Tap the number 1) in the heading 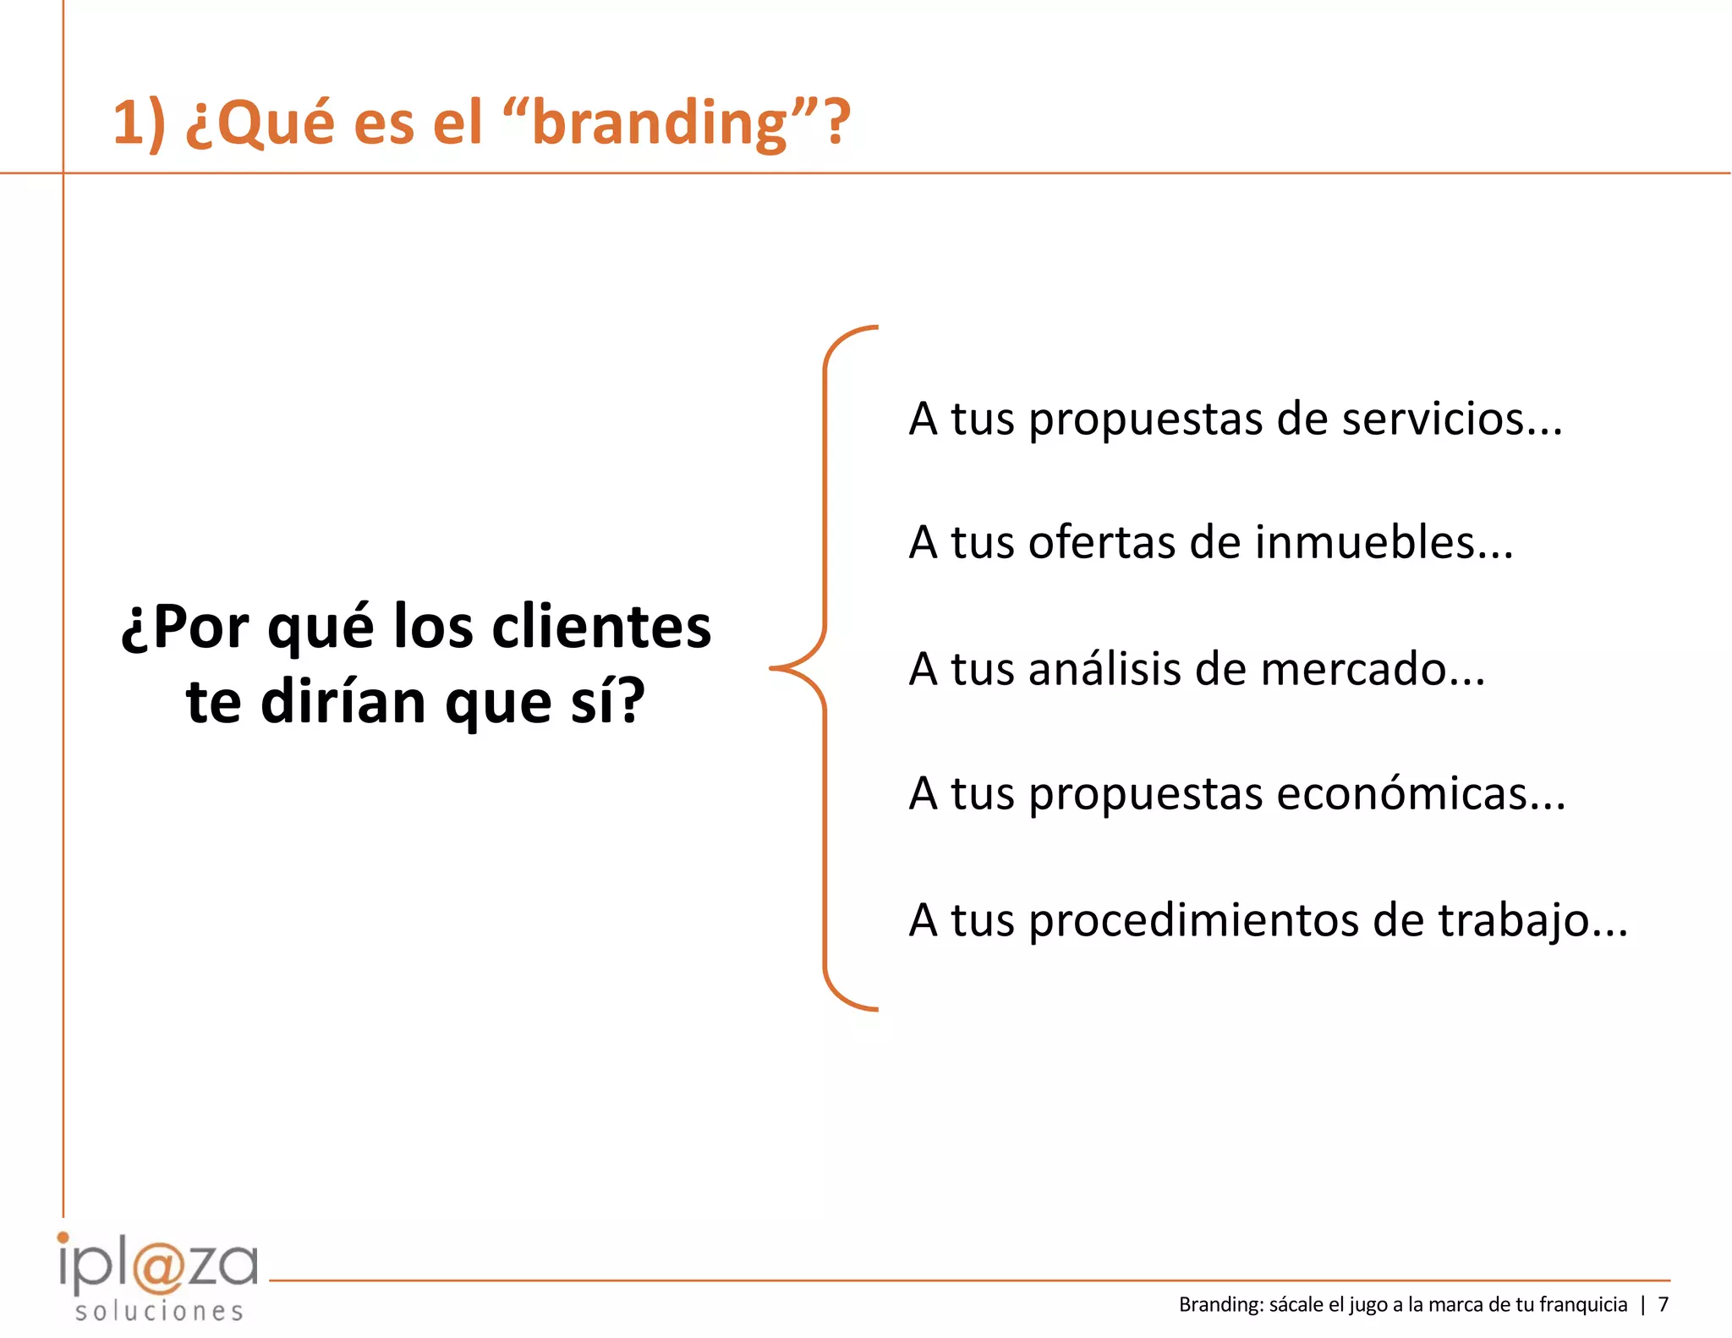139,123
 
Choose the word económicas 1420,794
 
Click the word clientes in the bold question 601,628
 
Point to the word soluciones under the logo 159,1312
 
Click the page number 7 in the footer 1663,1305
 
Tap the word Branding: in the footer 1221,1305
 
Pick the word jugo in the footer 1368,1305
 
